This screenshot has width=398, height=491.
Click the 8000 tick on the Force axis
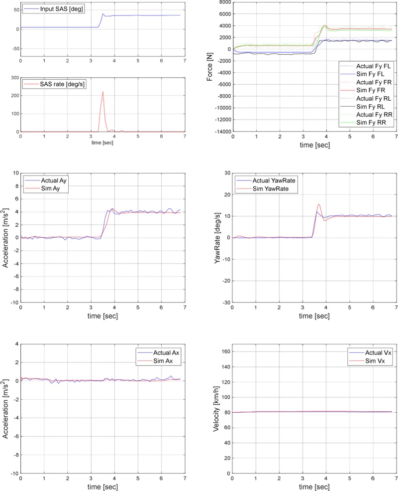tap(223, 2)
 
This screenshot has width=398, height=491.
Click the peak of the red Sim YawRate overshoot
tap(319, 204)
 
